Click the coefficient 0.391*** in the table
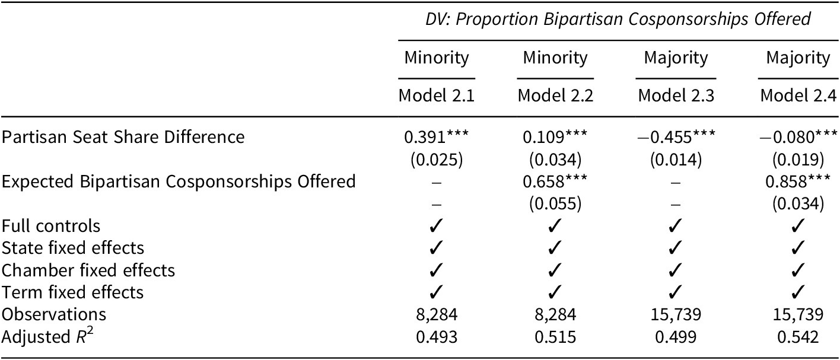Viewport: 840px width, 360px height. pos(436,136)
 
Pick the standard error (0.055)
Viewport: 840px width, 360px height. pos(555,203)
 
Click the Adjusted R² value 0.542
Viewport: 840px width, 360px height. pos(798,337)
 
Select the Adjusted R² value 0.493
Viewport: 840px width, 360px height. pos(436,337)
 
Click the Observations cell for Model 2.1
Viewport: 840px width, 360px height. pos(436,314)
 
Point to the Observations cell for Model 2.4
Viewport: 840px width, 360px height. pos(798,314)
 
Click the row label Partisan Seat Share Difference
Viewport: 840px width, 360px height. pos(123,136)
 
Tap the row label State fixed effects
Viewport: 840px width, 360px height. pos(73,247)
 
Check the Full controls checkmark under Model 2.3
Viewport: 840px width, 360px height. pos(673,226)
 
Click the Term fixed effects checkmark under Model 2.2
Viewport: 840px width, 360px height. pos(555,292)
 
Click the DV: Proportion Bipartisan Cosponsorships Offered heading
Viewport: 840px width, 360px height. pos(618,19)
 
